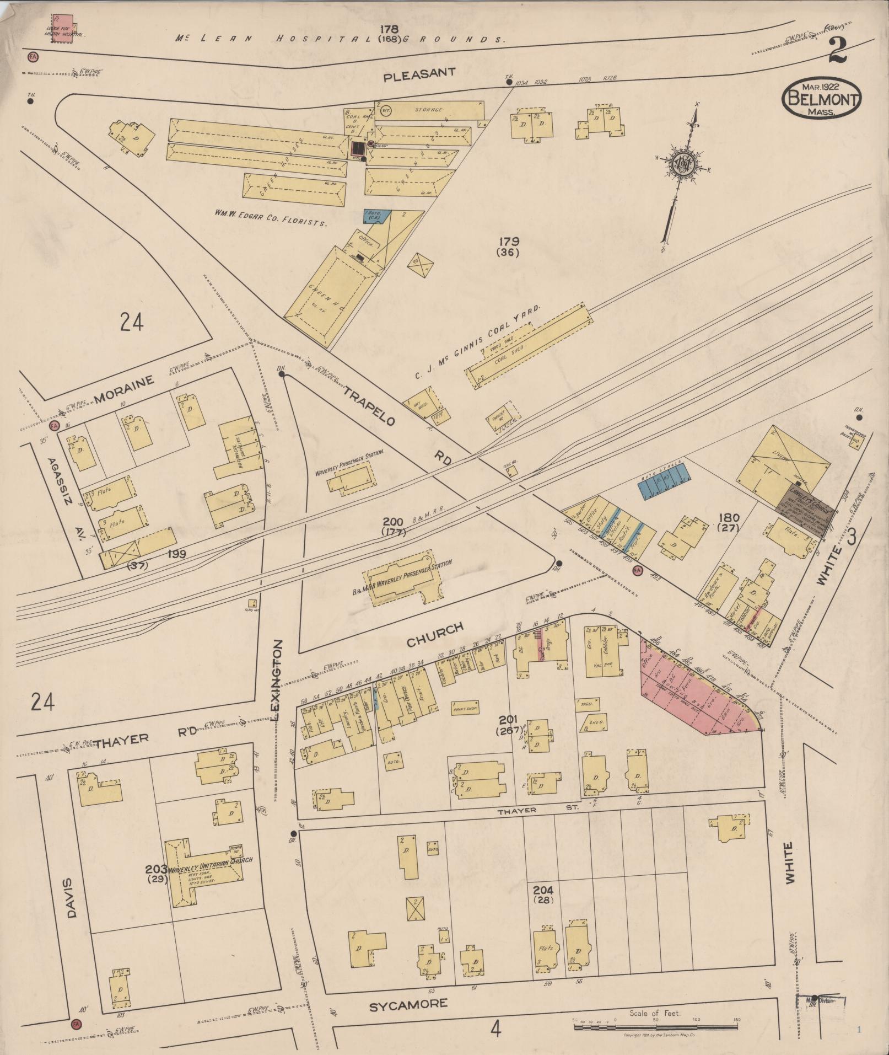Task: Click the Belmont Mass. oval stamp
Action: click(x=821, y=98)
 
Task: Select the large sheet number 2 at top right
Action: click(x=838, y=51)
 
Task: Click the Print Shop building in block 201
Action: click(x=465, y=708)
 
